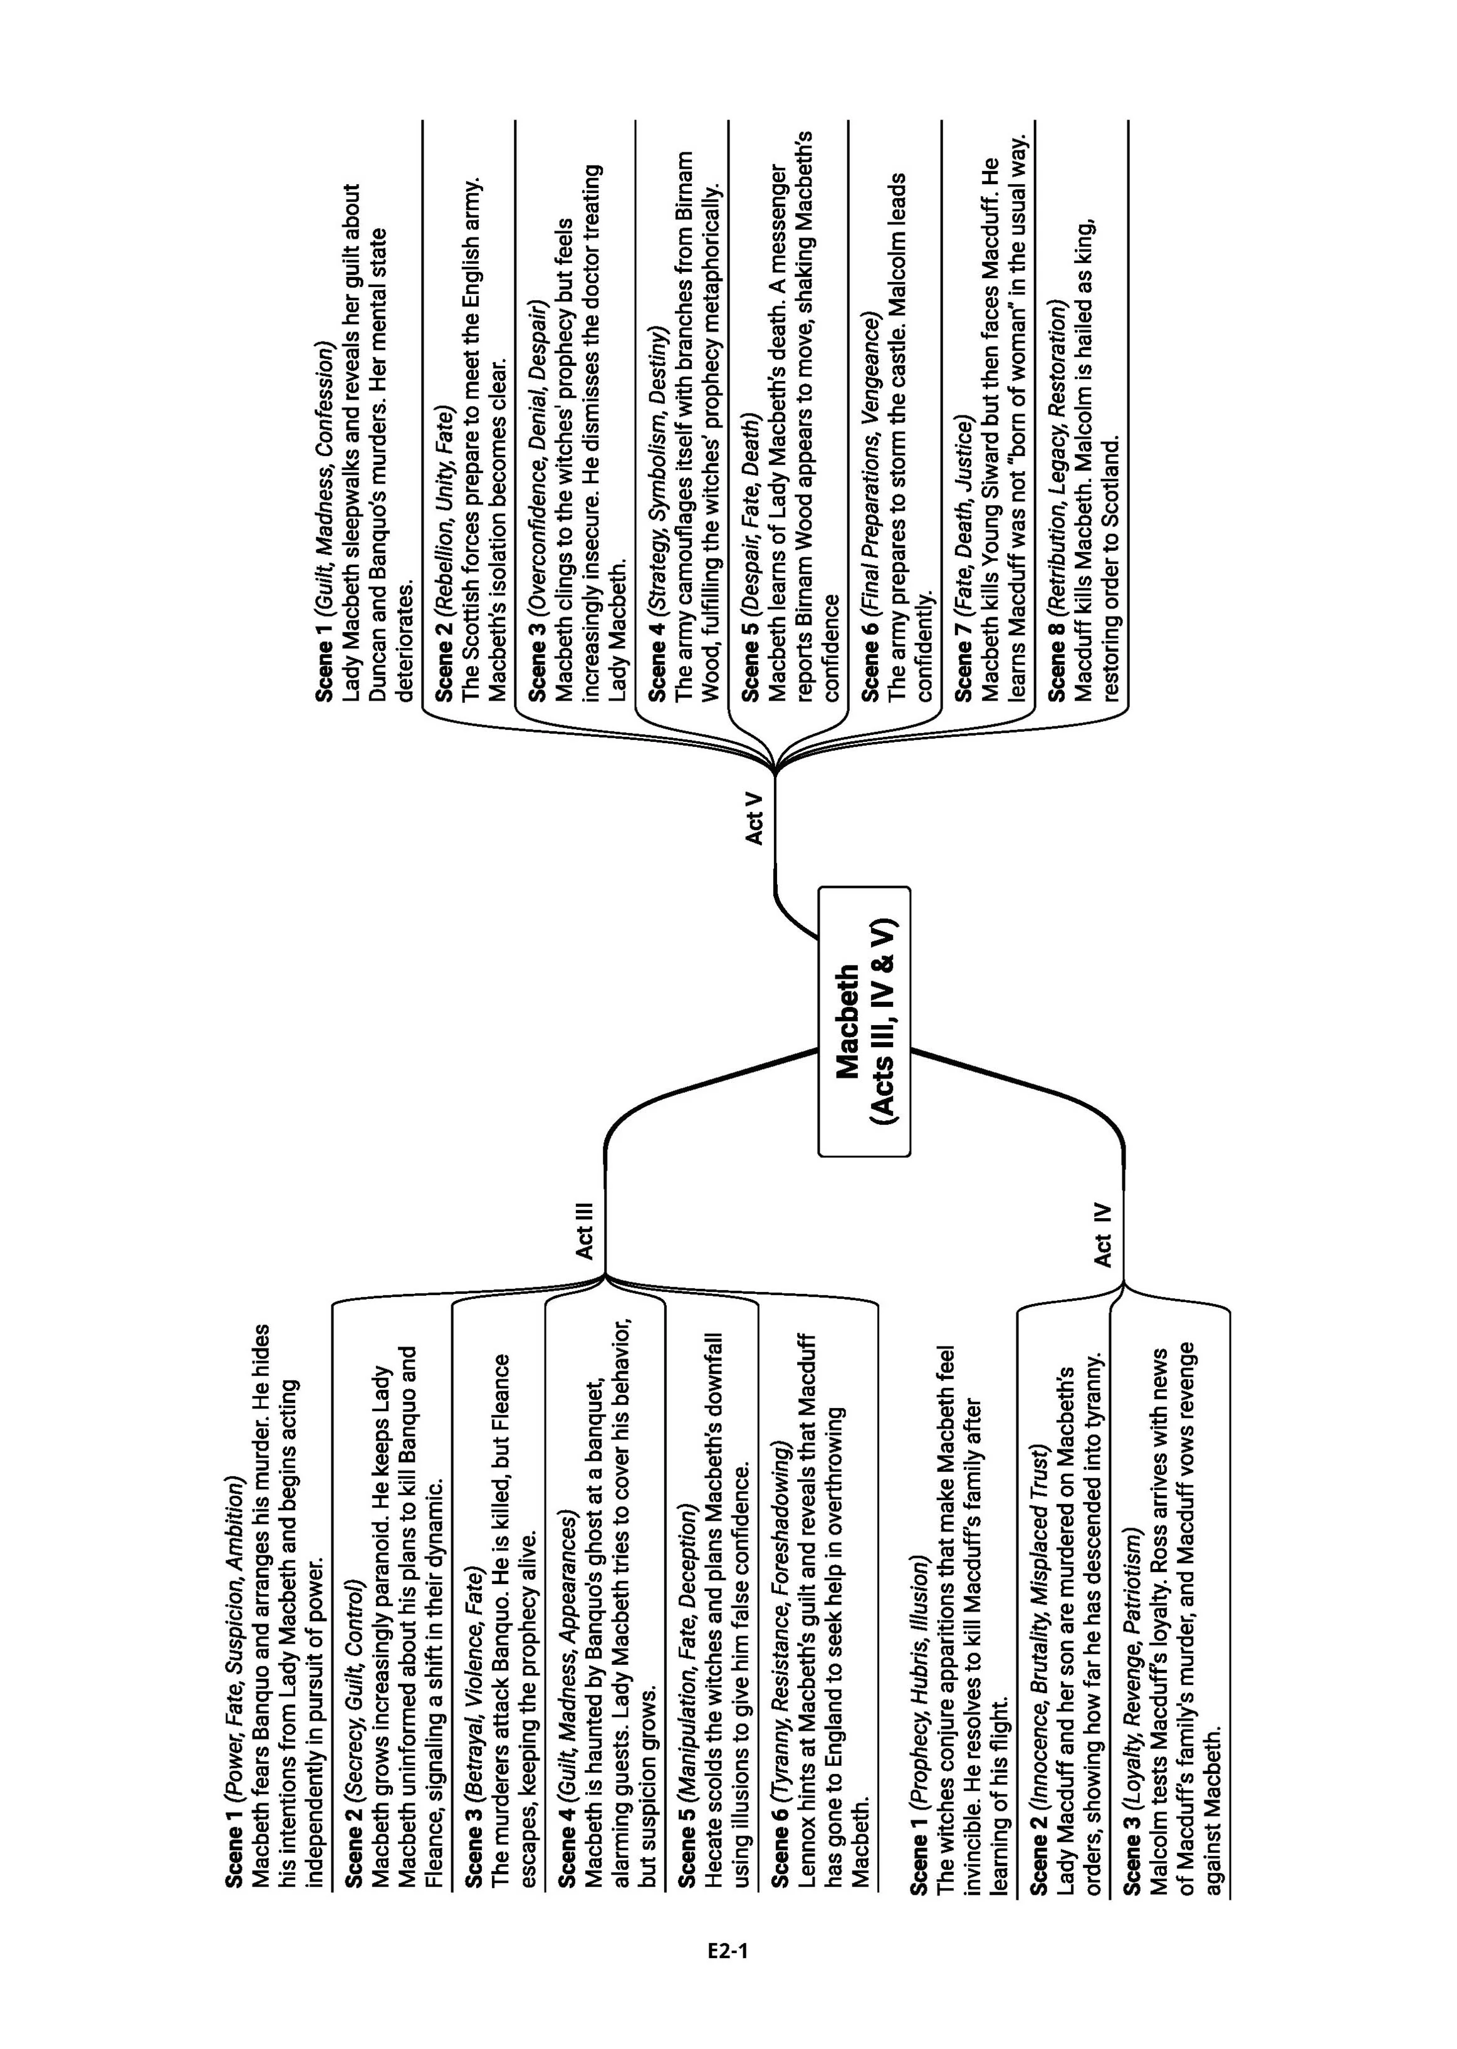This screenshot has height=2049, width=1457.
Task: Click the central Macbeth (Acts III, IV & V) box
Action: (864, 1021)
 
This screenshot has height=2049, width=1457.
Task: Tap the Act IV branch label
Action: (1102, 1235)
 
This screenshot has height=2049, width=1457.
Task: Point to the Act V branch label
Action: (755, 817)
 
